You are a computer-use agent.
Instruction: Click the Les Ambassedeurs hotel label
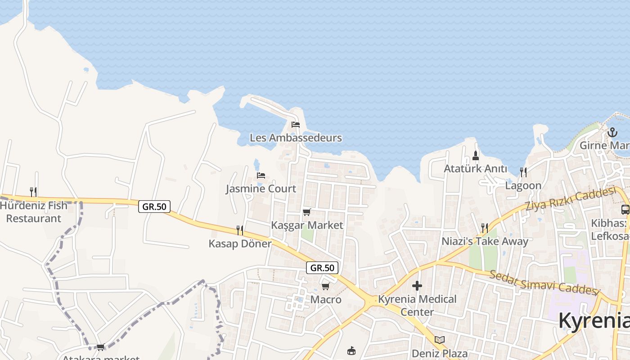coord(296,138)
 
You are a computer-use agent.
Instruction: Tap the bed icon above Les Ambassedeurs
coord(296,124)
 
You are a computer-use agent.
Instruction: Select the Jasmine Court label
coord(261,189)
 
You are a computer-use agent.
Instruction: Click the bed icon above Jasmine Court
coord(261,175)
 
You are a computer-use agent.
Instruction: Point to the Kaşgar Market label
coord(307,225)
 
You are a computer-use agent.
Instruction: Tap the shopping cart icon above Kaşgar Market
coord(307,212)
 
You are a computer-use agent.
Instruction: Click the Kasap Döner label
coord(240,243)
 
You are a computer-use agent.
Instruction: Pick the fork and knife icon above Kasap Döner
coord(240,230)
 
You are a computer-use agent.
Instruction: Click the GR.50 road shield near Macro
coord(322,268)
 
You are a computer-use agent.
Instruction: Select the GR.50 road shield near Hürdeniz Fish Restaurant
coord(154,207)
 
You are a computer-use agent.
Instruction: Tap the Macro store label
coord(326,299)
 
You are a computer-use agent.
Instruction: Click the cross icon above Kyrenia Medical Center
coord(417,286)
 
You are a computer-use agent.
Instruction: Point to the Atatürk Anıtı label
coord(475,169)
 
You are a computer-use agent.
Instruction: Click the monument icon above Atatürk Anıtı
coord(476,156)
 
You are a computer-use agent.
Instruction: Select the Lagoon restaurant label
coord(523,185)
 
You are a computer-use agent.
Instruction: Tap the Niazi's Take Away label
coord(485,241)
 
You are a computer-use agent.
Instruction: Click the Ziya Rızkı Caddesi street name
coord(570,199)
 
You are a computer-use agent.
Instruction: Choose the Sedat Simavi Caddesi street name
coord(544,282)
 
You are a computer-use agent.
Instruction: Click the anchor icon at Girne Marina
coord(612,132)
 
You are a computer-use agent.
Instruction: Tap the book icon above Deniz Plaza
coord(440,340)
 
